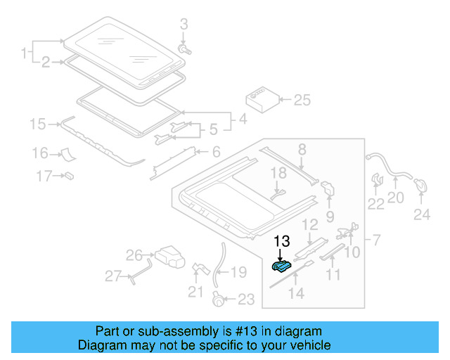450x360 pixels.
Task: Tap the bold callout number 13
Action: pyautogui.click(x=281, y=241)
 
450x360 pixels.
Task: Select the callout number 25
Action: pyautogui.click(x=301, y=101)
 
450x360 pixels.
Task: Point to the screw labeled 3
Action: pyautogui.click(x=186, y=50)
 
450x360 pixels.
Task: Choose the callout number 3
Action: pyautogui.click(x=184, y=25)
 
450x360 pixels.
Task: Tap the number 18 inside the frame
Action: pyautogui.click(x=279, y=173)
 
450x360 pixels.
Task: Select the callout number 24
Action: pyautogui.click(x=421, y=215)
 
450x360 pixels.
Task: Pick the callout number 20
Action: pyautogui.click(x=396, y=198)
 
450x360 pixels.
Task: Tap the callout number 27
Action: pyautogui.click(x=113, y=276)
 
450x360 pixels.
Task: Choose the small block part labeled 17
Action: pyautogui.click(x=70, y=174)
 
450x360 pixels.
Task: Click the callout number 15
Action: pyautogui.click(x=37, y=124)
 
